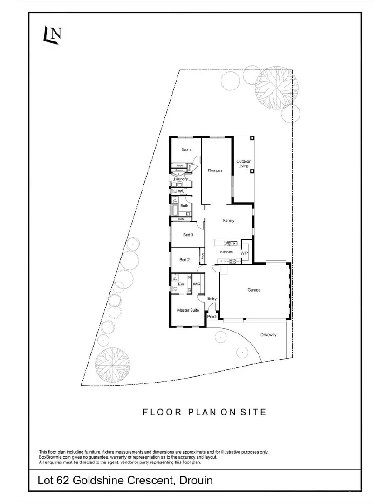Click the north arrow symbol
click(x=53, y=36)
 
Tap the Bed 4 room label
click(x=187, y=150)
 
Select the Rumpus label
click(x=215, y=170)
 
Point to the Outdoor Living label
click(x=244, y=163)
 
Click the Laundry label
click(x=180, y=179)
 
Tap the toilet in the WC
click(x=175, y=191)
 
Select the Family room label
click(x=229, y=220)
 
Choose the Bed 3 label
click(x=188, y=235)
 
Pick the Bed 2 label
click(x=184, y=260)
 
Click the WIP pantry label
click(x=244, y=253)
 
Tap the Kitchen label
click(x=226, y=252)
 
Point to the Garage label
click(x=254, y=290)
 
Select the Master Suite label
click(x=188, y=310)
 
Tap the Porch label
click(x=212, y=317)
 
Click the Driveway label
click(x=269, y=334)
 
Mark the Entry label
click(x=212, y=299)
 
